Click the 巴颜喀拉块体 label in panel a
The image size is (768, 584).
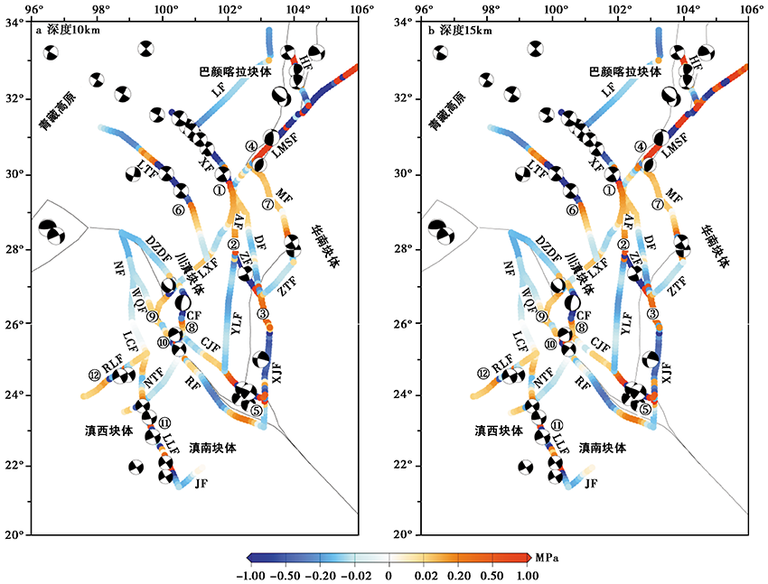[x=236, y=71]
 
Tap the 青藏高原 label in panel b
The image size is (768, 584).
[x=447, y=112]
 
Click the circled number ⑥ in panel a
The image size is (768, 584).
[x=178, y=209]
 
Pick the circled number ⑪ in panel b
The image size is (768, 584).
[x=557, y=424]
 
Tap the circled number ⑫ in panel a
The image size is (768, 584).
[x=95, y=375]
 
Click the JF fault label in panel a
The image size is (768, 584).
[x=201, y=484]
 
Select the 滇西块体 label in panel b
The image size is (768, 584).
[x=499, y=431]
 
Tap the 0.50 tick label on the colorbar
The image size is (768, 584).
[x=492, y=576]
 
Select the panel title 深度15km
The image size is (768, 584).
[x=459, y=31]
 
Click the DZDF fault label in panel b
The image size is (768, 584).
[x=548, y=247]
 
